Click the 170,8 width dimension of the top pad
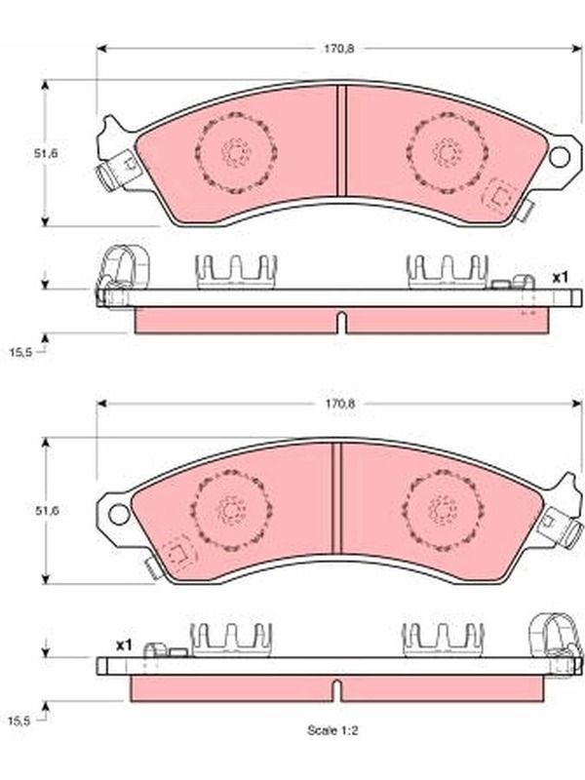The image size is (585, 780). click(x=338, y=49)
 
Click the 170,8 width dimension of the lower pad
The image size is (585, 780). click(x=340, y=404)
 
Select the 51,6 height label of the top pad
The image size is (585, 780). click(x=46, y=153)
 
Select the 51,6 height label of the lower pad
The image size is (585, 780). click(x=47, y=510)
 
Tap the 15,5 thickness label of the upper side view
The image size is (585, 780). click(x=20, y=352)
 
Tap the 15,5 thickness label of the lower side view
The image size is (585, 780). click(x=19, y=721)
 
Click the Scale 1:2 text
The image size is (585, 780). click(x=332, y=730)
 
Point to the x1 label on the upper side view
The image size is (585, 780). click(x=560, y=278)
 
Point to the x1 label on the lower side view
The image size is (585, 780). click(x=124, y=645)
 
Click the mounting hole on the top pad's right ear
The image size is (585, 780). click(x=559, y=157)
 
